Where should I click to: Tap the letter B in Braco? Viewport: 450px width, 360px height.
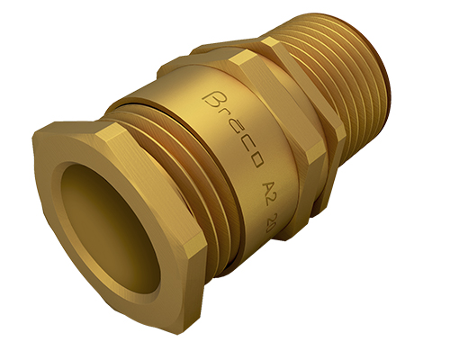point(213,95)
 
